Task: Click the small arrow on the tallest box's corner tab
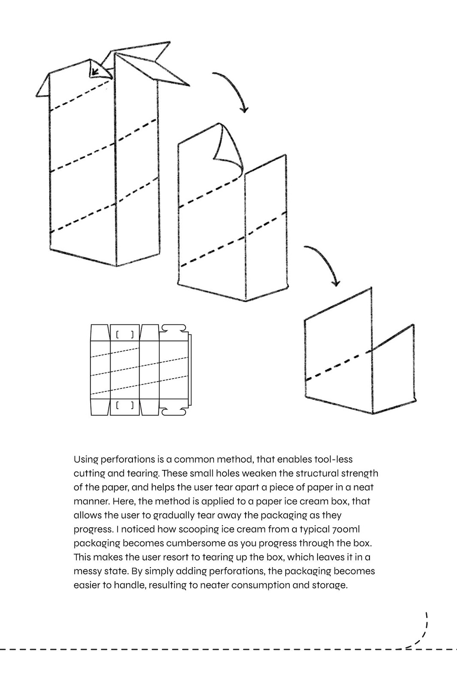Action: pyautogui.click(x=96, y=70)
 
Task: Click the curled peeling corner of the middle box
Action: pyautogui.click(x=229, y=148)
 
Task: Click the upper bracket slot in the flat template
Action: pyautogui.click(x=125, y=334)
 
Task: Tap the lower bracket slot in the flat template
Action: pyautogui.click(x=125, y=405)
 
